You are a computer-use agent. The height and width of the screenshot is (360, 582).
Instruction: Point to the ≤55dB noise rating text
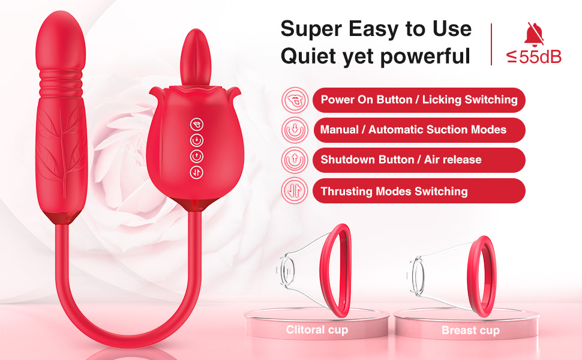pos(534,58)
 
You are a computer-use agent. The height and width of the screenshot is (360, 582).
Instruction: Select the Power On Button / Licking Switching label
pos(419,100)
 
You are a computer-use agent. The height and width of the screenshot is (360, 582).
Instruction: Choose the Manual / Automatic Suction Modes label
pos(413,130)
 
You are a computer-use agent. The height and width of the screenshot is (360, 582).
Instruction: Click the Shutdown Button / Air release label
pos(401,160)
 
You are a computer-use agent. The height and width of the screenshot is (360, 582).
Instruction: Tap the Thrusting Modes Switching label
pos(394,191)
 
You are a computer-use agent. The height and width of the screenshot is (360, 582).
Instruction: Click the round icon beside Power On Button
pos(294,100)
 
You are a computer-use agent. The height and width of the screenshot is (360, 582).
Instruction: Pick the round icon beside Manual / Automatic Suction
pos(294,130)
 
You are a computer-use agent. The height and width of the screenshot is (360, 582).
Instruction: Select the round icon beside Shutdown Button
pos(294,160)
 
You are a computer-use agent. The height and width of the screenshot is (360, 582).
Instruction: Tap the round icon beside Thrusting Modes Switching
pos(294,191)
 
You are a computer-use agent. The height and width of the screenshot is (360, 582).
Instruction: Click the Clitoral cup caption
pos(317,329)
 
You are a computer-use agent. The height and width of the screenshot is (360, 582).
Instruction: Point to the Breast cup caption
pos(470,330)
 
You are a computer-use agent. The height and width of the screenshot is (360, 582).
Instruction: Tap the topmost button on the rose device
pos(196,124)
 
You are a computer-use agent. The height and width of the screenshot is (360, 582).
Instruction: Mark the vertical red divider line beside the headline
pos(491,43)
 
